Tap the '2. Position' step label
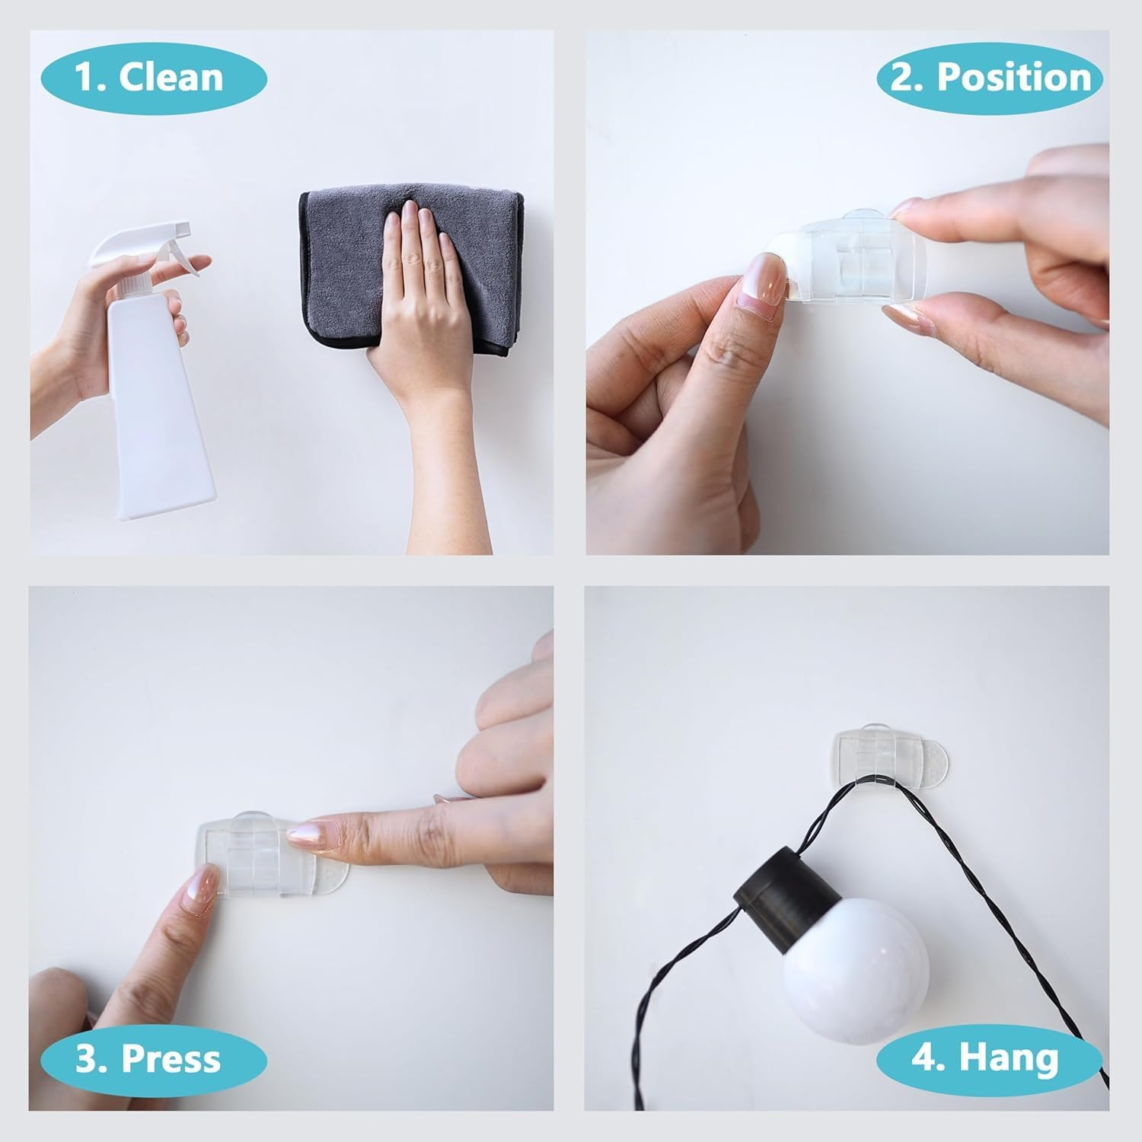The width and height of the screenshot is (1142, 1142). (990, 78)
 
